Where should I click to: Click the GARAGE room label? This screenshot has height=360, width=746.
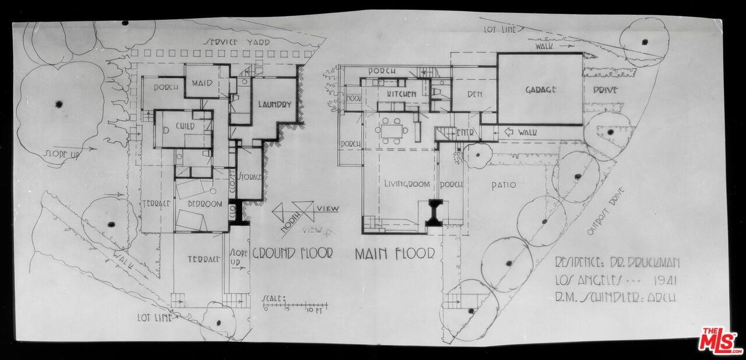pos(540,90)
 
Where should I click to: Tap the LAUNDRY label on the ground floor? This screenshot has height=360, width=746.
pos(275,105)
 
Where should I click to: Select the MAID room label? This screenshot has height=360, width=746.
pos(202,84)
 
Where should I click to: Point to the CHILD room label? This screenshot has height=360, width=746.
pos(184,126)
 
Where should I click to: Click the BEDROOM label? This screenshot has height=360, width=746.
pos(205,204)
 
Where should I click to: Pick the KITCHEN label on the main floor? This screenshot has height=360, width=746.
pos(401,94)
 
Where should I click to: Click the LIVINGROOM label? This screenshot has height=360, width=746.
pos(407,184)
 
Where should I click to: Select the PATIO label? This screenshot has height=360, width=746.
pos(504,185)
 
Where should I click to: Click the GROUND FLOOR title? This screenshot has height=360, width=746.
pos(292,253)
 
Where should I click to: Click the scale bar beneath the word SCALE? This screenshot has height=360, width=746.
pos(295,305)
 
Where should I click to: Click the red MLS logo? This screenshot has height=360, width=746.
pos(720,341)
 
